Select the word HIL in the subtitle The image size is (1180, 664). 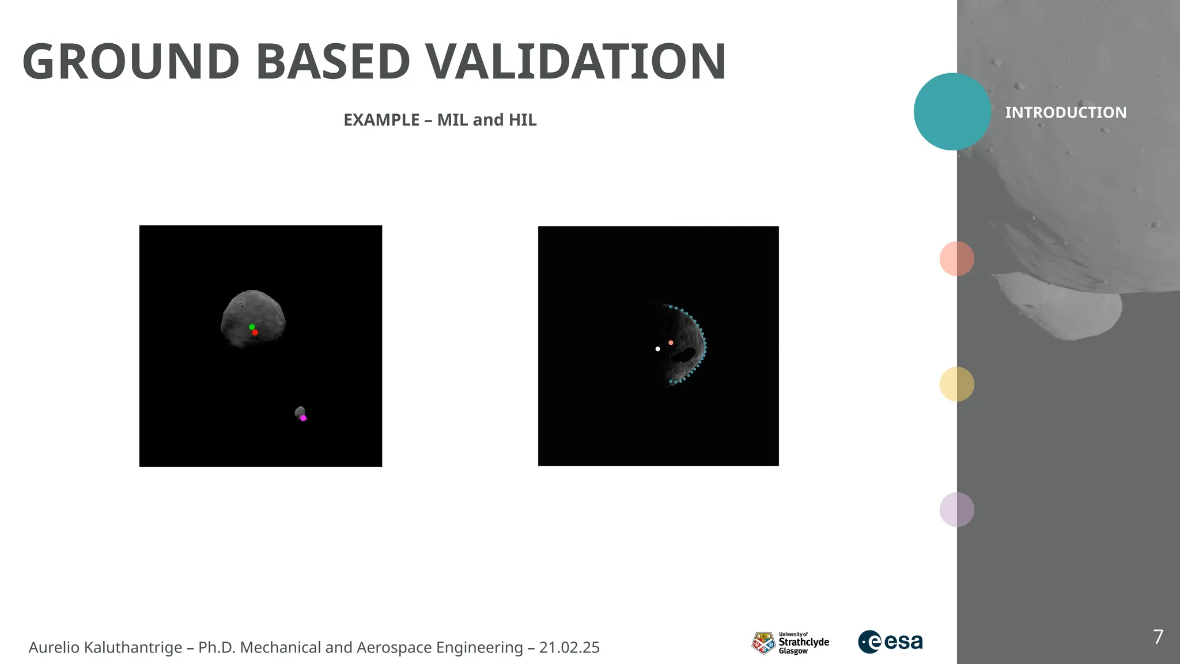[x=522, y=120]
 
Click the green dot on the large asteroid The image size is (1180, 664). [x=252, y=327]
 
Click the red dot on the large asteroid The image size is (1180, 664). [x=255, y=333]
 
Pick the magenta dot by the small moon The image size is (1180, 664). [x=304, y=418]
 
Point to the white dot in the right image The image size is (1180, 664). [x=657, y=349]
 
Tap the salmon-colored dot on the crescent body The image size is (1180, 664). [x=671, y=342]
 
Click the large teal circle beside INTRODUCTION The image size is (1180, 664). [x=952, y=112]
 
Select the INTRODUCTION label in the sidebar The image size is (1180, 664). [x=1065, y=112]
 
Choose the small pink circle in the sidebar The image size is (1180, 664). [x=956, y=258]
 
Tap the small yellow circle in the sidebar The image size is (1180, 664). [x=956, y=384]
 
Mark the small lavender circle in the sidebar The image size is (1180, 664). [x=956, y=510]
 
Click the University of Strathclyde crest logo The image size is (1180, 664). [x=763, y=643]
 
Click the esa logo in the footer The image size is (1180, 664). [x=890, y=642]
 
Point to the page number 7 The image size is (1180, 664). [x=1158, y=637]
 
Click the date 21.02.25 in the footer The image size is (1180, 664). [x=569, y=647]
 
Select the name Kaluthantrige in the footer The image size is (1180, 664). [x=133, y=647]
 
